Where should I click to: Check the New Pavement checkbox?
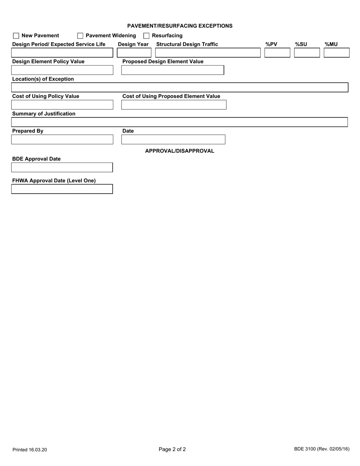click(16, 36)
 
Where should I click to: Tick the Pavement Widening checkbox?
click(80, 36)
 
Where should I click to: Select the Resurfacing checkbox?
click(146, 36)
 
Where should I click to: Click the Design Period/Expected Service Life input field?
click(62, 53)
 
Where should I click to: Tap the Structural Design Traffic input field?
click(208, 53)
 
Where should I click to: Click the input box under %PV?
click(277, 53)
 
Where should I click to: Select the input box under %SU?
click(307, 53)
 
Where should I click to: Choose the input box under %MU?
click(337, 53)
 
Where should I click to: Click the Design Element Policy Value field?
click(62, 70)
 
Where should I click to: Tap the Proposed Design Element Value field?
click(172, 70)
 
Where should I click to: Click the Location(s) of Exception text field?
click(180, 88)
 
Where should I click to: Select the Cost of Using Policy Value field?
click(62, 105)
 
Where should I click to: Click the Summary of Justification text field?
click(180, 122)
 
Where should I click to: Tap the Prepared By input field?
click(62, 140)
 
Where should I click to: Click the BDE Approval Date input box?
click(62, 167)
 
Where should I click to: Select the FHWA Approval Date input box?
click(62, 189)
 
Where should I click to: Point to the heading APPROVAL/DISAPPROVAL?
click(180, 151)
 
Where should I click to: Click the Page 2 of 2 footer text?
click(172, 450)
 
